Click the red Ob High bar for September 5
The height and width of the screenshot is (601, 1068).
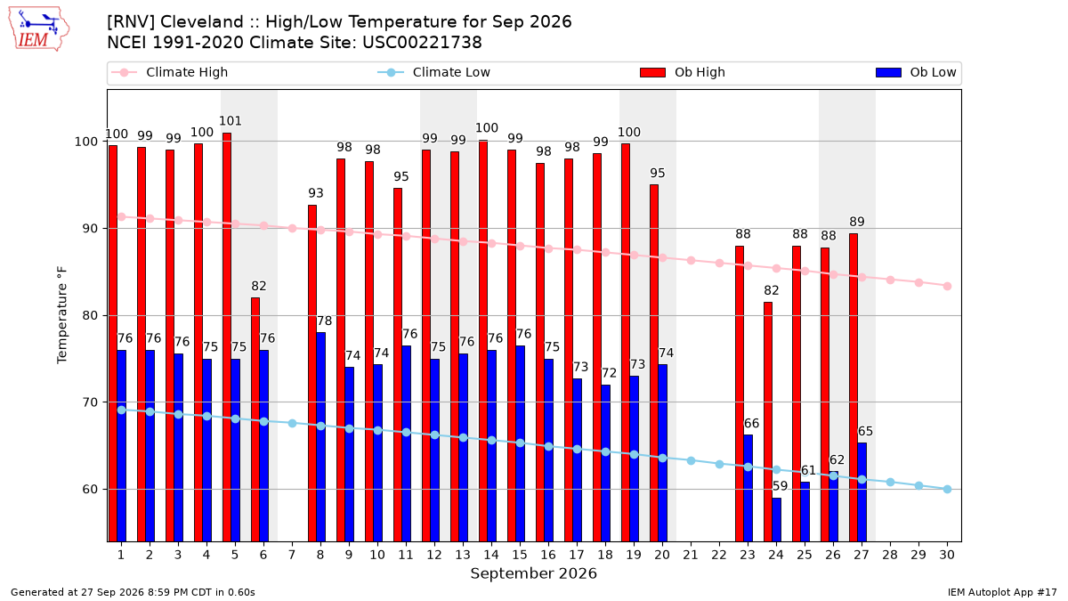pos(227,337)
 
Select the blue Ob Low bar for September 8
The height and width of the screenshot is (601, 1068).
pos(321,437)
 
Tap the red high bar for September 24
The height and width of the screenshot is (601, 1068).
pos(768,422)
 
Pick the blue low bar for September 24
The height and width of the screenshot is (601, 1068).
pos(777,519)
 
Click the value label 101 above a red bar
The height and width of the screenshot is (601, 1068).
pos(231,121)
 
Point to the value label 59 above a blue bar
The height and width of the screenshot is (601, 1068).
pos(780,486)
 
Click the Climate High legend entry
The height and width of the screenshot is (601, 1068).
pos(170,72)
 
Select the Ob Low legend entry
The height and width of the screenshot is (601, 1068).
pos(916,72)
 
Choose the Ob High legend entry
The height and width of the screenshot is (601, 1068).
pos(683,72)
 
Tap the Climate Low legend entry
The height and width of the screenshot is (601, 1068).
pos(434,72)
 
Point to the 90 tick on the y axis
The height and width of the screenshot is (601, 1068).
pos(90,229)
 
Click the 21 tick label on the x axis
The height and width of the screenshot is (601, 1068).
pos(691,555)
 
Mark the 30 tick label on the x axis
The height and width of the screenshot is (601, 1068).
pos(947,555)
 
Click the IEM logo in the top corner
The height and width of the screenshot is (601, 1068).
pos(38,29)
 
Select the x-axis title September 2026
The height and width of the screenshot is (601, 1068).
pos(533,573)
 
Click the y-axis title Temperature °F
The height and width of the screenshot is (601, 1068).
pos(62,316)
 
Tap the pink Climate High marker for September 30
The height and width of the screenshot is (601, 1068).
pos(947,286)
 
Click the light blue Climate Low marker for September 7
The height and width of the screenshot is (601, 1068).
pos(292,423)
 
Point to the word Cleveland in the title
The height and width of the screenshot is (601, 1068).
pos(202,22)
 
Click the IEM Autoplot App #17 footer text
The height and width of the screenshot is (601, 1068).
pos(1002,592)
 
